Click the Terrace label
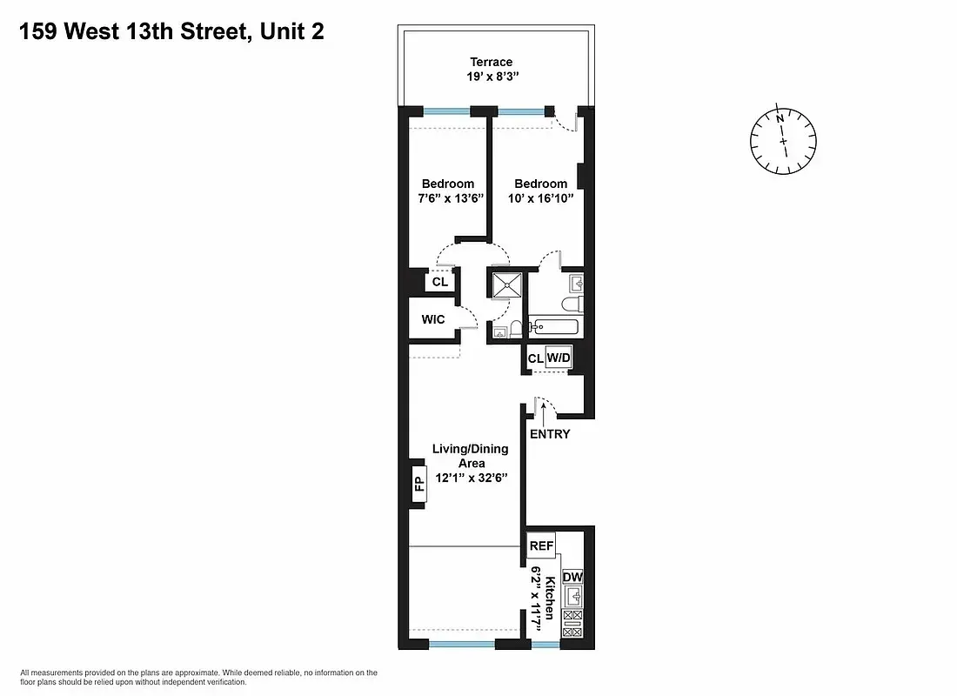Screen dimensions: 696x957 click(492, 62)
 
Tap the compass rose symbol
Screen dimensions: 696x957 click(783, 139)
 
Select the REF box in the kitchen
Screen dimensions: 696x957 click(541, 545)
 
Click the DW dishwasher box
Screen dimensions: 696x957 click(572, 578)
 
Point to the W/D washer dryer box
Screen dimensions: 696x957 click(558, 358)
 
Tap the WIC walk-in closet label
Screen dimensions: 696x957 click(433, 319)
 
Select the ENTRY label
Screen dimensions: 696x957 click(550, 434)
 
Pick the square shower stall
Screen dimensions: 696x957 click(506, 285)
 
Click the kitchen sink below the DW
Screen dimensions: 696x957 click(572, 597)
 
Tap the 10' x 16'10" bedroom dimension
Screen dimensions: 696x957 click(540, 198)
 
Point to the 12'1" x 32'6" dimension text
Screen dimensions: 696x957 click(471, 478)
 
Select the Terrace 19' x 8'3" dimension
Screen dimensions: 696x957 click(492, 77)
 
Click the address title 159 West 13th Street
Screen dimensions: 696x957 click(174, 32)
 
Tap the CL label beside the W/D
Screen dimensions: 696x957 click(535, 358)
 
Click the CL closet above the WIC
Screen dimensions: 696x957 click(439, 282)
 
